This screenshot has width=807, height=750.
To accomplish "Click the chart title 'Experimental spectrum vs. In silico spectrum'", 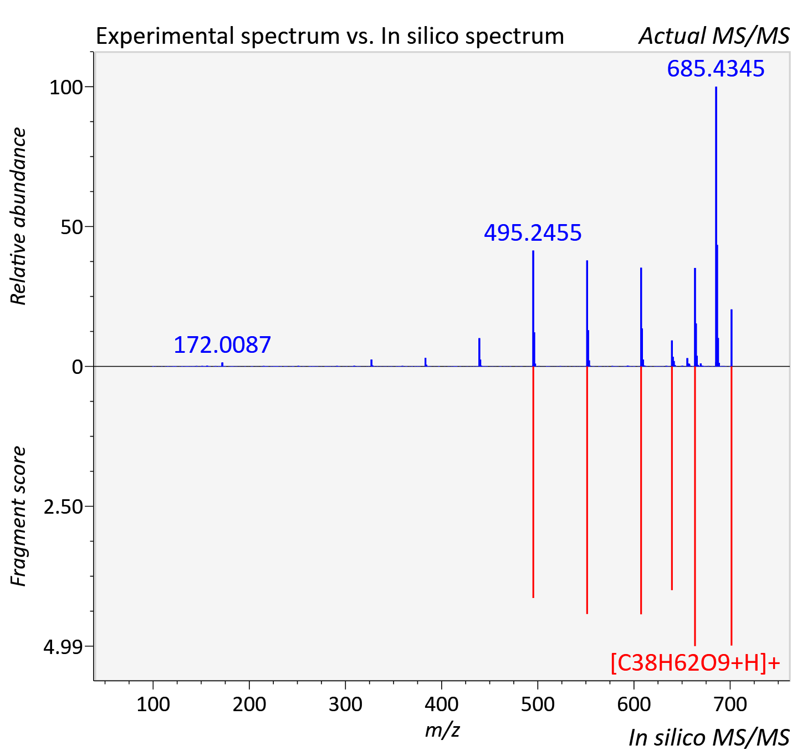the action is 330,36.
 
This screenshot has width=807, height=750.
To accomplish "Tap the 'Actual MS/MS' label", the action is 714,36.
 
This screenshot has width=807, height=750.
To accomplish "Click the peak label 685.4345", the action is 716,69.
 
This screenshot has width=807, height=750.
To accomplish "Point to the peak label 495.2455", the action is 533,233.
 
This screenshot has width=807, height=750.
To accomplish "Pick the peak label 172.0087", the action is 222,345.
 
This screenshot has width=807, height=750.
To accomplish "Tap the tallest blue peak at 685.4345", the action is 716,226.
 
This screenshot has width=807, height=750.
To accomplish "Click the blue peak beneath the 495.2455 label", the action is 533,308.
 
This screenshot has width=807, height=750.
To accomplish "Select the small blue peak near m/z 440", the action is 479,352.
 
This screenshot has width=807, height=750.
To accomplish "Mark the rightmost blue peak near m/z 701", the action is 732,338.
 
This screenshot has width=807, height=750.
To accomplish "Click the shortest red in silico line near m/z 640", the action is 672,478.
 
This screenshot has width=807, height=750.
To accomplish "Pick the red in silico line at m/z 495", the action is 533,482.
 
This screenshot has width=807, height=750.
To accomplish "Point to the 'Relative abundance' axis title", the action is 18,216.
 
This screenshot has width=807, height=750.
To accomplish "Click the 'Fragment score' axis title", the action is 18,516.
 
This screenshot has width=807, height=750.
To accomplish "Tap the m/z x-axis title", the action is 442,731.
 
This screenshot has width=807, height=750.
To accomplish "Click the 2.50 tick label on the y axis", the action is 63,507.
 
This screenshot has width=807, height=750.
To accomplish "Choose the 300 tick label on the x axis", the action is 345,705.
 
